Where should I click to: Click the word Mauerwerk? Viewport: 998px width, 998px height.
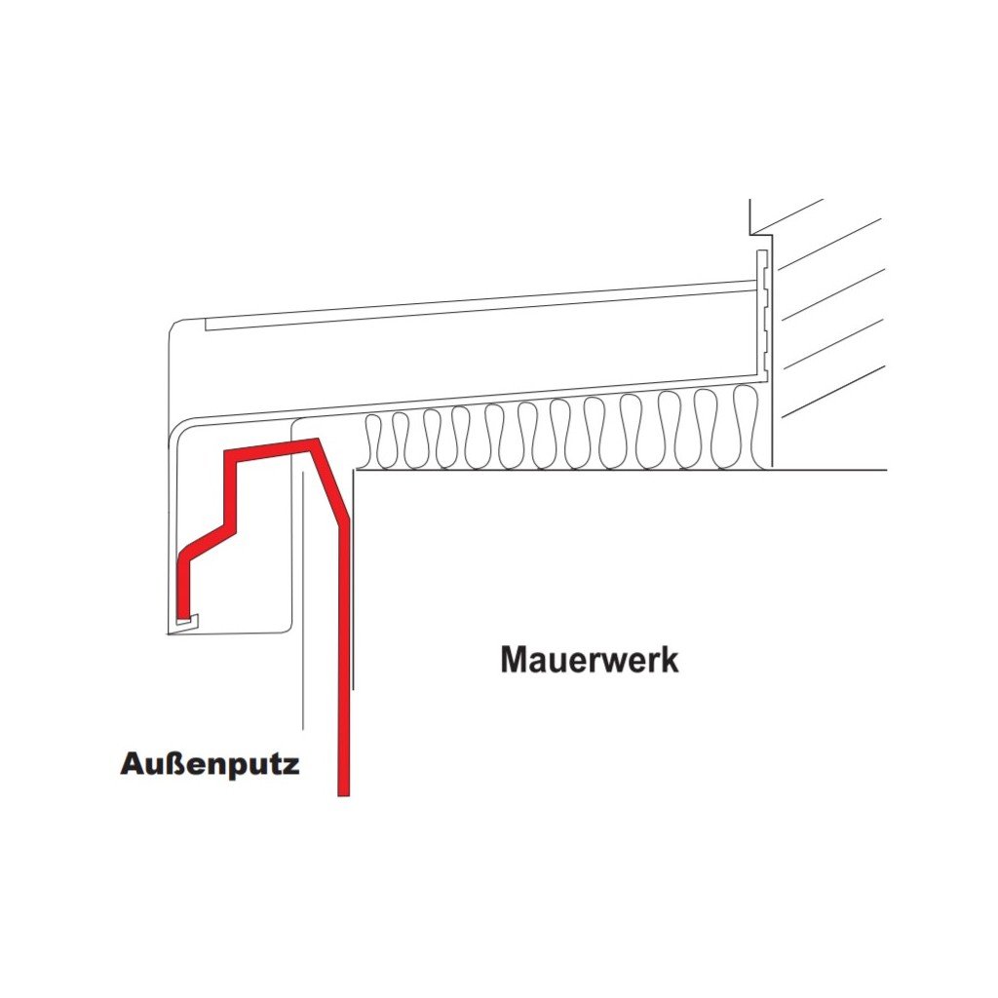[590, 660]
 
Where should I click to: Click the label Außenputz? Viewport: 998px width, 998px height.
[210, 763]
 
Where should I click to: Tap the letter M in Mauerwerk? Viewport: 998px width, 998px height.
[515, 660]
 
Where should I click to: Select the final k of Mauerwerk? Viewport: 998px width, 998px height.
[669, 660]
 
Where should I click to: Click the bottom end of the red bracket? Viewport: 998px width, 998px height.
[343, 791]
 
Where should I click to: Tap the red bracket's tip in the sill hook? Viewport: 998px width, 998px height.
[182, 618]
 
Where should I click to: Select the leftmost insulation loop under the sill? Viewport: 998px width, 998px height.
[373, 441]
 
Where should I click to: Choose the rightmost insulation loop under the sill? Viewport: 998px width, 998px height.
[746, 426]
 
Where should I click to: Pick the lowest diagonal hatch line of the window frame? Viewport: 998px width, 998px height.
[833, 392]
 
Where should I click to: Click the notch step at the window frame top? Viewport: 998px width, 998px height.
[752, 232]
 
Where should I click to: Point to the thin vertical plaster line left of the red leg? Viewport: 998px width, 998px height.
[304, 604]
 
